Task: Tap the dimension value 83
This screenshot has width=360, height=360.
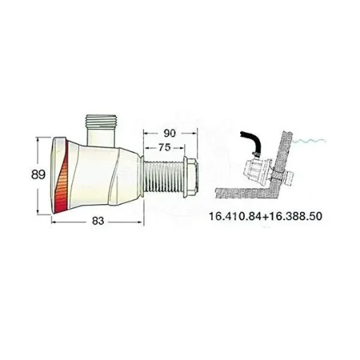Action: tap(98, 221)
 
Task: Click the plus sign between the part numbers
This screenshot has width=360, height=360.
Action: tap(268, 216)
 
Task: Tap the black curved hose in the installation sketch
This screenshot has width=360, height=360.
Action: tap(251, 142)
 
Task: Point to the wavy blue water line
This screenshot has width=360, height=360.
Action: tap(315, 141)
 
